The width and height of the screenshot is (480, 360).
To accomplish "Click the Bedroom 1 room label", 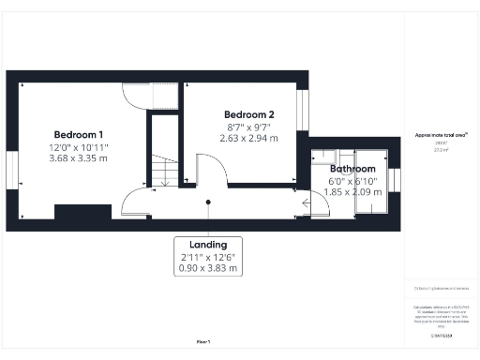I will click(79, 133).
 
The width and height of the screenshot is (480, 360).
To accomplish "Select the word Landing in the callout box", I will click(207, 244).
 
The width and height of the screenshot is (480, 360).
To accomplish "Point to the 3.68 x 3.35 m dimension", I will click(79, 158).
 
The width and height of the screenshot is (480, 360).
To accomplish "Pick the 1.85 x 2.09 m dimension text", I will click(354, 192).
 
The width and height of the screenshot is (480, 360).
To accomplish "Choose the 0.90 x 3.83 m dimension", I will click(207, 269).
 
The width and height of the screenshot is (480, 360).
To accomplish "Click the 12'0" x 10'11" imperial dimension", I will click(79, 146).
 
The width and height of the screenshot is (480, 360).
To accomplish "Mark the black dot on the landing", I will click(208, 201).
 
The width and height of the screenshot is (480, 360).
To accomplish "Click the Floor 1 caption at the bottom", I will click(202, 342).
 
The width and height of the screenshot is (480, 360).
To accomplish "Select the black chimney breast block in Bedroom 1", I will click(82, 212).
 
